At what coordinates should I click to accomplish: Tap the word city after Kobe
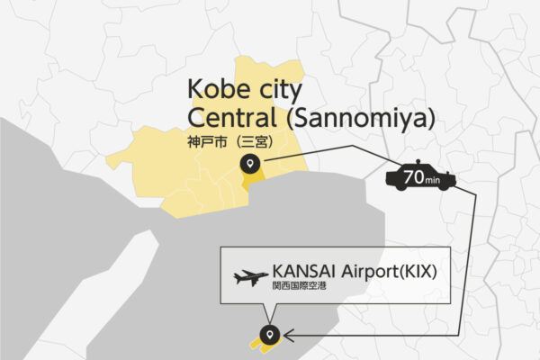pos(274,90)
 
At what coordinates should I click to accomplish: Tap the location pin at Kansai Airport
pos(267,335)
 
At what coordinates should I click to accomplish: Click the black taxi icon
pos(420,178)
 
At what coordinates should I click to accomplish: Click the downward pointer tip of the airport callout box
pos(267,318)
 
